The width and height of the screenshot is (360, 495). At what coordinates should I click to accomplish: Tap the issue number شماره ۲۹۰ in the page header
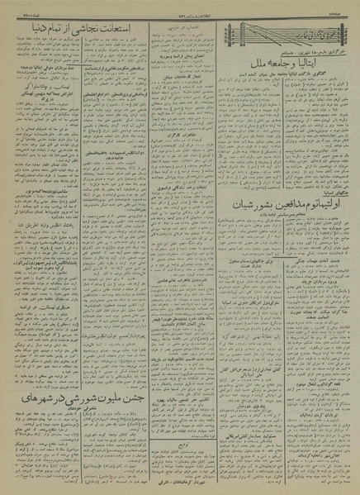pos(17,11)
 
